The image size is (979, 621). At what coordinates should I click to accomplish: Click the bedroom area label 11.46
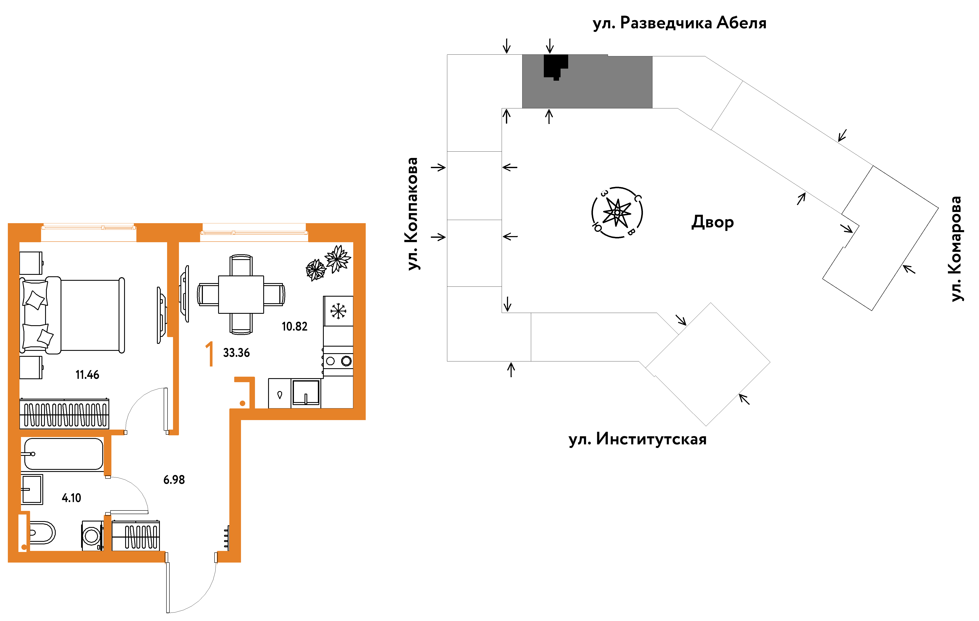click(x=87, y=375)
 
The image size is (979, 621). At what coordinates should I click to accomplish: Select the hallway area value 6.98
click(x=174, y=480)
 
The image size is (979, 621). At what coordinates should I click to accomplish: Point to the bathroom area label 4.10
click(x=72, y=498)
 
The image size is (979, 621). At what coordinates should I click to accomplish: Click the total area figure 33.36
click(x=236, y=353)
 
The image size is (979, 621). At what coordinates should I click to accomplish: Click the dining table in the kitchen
click(x=241, y=295)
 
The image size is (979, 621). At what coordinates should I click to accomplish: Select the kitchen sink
click(x=306, y=393)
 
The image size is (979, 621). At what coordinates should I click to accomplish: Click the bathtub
click(x=63, y=454)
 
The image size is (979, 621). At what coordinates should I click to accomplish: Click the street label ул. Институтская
click(x=637, y=439)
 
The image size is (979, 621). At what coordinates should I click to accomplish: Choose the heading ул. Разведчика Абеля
click(x=679, y=23)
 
